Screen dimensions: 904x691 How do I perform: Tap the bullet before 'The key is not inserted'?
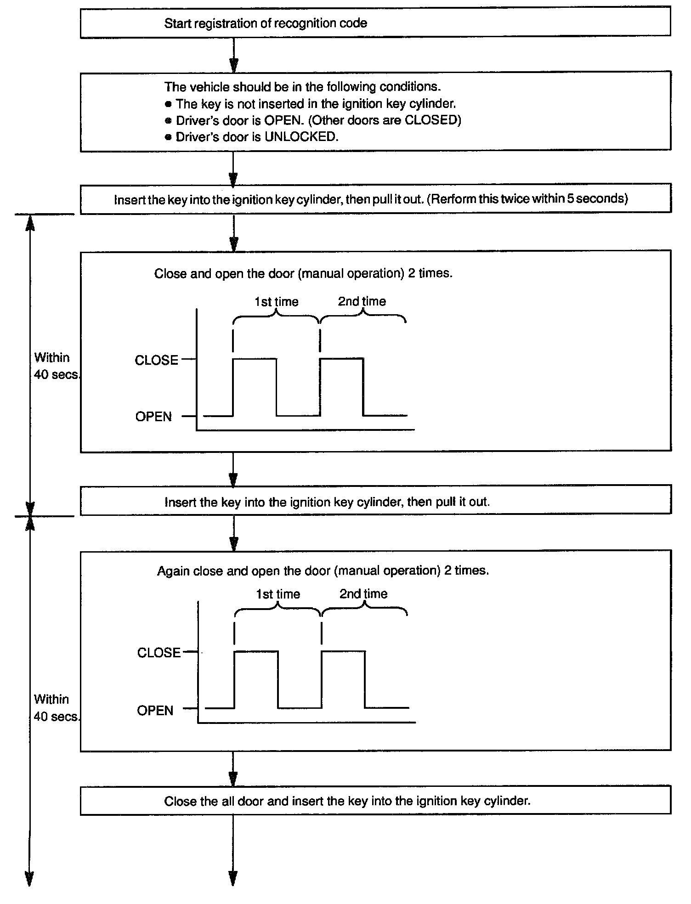tap(168, 104)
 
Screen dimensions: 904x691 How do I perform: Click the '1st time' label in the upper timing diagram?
tap(276, 302)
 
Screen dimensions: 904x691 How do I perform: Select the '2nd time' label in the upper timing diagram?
tap(362, 301)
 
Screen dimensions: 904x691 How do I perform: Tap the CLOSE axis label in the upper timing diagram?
tap(156, 360)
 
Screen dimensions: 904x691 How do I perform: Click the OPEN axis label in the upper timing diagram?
tap(153, 417)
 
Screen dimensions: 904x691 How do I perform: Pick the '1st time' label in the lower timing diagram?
tap(278, 594)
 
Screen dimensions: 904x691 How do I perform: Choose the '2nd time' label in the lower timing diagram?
tap(363, 594)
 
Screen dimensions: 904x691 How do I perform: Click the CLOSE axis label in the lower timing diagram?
tap(159, 653)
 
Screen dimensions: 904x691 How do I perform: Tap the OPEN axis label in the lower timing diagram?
tap(155, 711)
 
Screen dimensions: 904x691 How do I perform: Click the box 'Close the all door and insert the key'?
tap(375, 801)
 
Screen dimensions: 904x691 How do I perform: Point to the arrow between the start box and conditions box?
tap(233, 54)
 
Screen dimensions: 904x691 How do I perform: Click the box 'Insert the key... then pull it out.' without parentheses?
tap(375, 502)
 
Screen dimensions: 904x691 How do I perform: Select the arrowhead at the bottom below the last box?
tap(233, 878)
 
